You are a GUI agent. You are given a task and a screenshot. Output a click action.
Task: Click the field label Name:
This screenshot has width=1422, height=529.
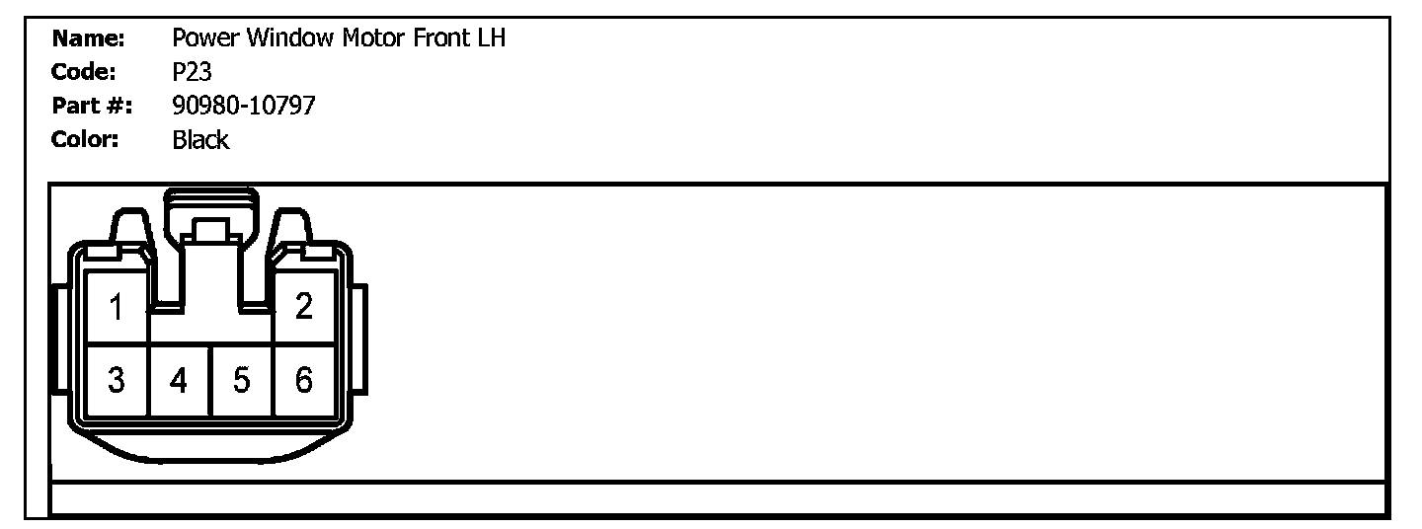pos(87,39)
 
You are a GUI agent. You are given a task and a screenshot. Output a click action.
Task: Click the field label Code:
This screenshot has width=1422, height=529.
pos(84,72)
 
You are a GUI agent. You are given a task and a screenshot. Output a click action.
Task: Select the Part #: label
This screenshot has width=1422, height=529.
pos(92,106)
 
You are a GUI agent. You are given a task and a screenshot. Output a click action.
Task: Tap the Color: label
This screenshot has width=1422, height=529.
pos(85,139)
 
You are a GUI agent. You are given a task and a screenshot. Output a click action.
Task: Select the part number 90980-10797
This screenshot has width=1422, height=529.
pos(243,106)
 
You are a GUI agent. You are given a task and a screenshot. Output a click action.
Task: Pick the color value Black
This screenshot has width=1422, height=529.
pos(200,139)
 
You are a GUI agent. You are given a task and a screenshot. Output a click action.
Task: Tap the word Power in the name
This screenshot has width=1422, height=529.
pos(205,39)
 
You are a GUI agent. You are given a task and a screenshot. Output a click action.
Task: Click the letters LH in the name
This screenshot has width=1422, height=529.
pos(491,39)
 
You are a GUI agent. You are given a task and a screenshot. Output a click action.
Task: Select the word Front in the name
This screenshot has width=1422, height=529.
pos(438,39)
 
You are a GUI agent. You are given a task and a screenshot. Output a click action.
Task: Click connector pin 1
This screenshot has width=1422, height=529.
pos(117,308)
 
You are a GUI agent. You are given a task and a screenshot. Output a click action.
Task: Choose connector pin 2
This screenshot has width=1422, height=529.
pos(304,307)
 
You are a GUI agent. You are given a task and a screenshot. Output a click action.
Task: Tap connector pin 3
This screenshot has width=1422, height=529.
pos(117,380)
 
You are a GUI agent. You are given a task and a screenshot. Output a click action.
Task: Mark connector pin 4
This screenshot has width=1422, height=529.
pos(179,380)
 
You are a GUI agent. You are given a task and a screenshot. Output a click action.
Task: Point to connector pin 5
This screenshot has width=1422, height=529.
pos(242,380)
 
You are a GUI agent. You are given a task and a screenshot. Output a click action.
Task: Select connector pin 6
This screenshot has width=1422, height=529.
pos(304,380)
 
